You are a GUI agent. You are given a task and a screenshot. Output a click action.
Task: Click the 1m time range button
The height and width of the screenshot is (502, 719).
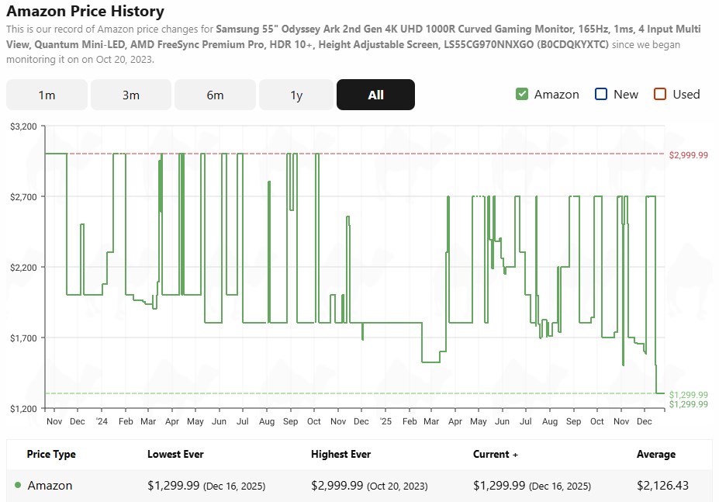(x=47, y=95)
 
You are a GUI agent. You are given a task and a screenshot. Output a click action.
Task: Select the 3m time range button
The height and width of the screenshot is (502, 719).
(x=131, y=95)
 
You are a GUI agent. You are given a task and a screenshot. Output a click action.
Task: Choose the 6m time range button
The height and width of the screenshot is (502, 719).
(x=215, y=95)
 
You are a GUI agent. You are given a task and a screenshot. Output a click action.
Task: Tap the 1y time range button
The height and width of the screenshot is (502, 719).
(x=296, y=95)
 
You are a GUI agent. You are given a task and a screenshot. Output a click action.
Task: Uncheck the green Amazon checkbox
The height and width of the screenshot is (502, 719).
(x=522, y=94)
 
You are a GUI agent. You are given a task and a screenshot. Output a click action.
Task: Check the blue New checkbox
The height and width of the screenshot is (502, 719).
(x=601, y=94)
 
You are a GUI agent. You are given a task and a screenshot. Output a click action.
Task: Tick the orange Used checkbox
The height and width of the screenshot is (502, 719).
(x=660, y=94)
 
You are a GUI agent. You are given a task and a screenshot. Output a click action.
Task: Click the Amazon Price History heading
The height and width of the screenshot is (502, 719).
(x=85, y=11)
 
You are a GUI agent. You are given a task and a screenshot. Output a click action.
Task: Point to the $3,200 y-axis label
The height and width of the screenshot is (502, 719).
(x=23, y=126)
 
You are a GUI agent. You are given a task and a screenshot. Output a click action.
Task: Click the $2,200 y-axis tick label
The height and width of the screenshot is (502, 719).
(x=23, y=267)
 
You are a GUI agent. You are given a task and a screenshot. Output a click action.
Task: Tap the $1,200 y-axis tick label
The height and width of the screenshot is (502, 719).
(x=23, y=408)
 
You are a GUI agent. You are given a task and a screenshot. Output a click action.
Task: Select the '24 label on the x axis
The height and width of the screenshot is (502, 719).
(x=102, y=421)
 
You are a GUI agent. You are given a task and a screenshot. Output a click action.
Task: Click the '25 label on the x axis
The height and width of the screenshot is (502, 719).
(x=386, y=421)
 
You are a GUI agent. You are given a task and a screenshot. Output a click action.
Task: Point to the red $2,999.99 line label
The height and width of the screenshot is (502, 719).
(x=689, y=155)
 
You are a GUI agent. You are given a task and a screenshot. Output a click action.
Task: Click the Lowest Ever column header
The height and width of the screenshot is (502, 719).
(x=175, y=454)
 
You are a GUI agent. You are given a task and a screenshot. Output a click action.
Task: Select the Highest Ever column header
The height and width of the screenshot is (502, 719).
(x=340, y=454)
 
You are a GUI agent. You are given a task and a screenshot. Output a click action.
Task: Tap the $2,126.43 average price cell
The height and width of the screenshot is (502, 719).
(x=662, y=486)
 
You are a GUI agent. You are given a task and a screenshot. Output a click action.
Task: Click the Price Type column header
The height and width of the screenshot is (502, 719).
(x=51, y=454)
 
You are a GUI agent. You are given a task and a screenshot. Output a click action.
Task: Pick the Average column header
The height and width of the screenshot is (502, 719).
(x=656, y=454)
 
